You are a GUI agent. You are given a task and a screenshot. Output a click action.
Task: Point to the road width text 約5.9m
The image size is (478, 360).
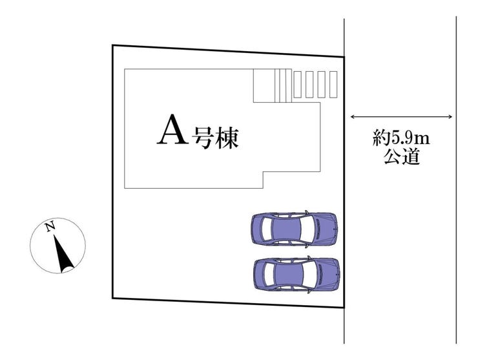pos(401,138)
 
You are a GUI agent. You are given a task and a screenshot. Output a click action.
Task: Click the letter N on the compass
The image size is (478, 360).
pos(49,226)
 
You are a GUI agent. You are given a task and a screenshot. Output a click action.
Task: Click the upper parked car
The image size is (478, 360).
pos(295,228)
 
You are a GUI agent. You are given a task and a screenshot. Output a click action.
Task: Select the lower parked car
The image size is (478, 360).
pos(296,275)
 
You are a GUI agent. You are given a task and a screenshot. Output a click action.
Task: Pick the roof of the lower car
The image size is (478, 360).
pos(289,275)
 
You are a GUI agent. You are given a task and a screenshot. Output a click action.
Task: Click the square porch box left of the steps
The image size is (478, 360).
pos(264,85)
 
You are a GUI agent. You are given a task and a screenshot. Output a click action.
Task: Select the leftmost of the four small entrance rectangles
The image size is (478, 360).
pos(298,84)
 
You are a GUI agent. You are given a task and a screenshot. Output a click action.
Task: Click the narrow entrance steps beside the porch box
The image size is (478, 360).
pos(283,85)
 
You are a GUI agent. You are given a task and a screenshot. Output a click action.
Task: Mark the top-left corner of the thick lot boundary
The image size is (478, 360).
pos(112,45)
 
